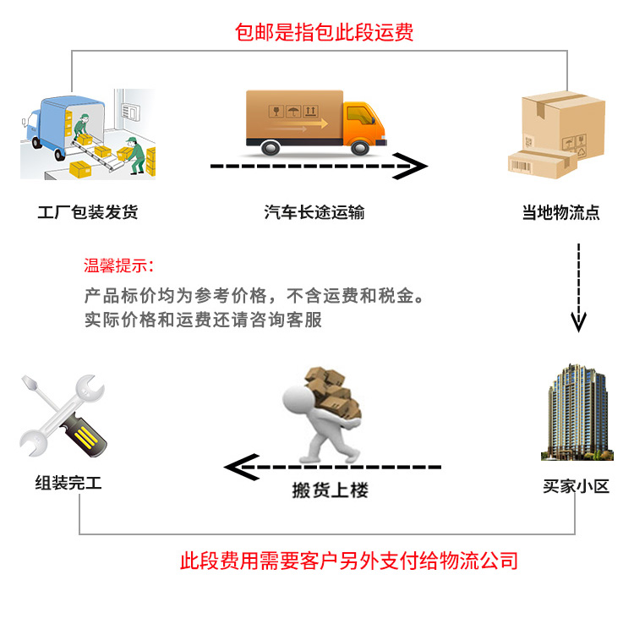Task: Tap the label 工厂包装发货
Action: pos(87,212)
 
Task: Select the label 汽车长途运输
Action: pos(314,212)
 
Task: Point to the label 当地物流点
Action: pos(560,212)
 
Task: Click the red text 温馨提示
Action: pos(118,266)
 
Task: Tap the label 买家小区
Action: pos(576,488)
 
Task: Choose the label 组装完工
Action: pos(68,484)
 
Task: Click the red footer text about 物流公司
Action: pos(348,561)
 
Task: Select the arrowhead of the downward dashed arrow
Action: pos(578,322)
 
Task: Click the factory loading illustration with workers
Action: pos(88,134)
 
